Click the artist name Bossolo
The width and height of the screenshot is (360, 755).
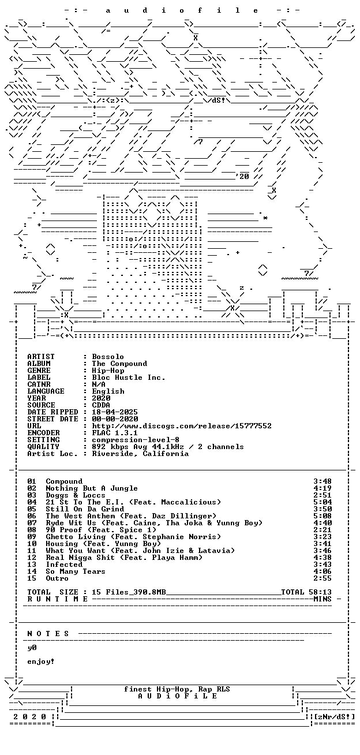[108, 357]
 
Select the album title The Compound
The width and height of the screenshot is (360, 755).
[119, 364]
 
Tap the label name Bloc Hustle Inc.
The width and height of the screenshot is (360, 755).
[129, 377]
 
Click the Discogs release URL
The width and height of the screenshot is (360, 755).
[182, 426]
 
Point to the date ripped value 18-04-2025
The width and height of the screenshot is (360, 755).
[115, 412]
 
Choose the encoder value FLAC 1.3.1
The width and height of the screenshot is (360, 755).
[115, 433]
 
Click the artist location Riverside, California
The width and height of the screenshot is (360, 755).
[140, 454]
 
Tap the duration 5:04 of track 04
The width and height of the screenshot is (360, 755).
[322, 502]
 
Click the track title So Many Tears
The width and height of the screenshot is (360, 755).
[76, 571]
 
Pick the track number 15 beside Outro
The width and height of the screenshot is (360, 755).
[32, 578]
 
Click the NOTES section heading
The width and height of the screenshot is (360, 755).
[48, 634]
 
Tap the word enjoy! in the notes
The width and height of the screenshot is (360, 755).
[41, 661]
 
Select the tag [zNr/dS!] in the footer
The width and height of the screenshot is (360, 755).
[334, 716]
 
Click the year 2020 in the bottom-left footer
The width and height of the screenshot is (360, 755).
[29, 716]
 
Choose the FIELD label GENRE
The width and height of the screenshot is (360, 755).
[39, 371]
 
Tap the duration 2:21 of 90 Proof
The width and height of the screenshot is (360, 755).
[322, 530]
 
